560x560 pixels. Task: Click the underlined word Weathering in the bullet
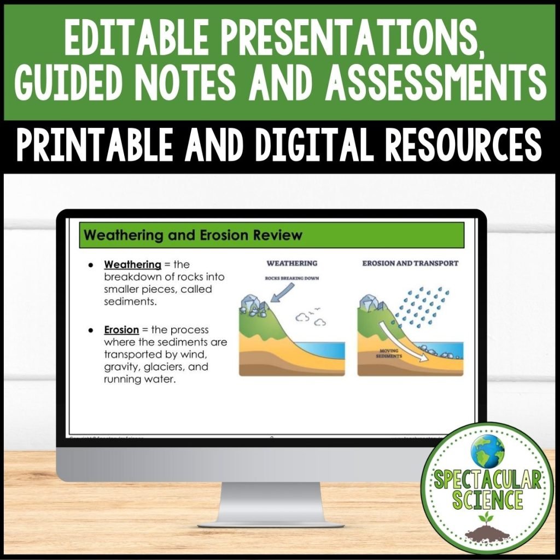(132, 265)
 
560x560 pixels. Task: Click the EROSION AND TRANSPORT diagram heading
(410, 263)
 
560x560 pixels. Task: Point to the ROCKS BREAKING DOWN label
(291, 278)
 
